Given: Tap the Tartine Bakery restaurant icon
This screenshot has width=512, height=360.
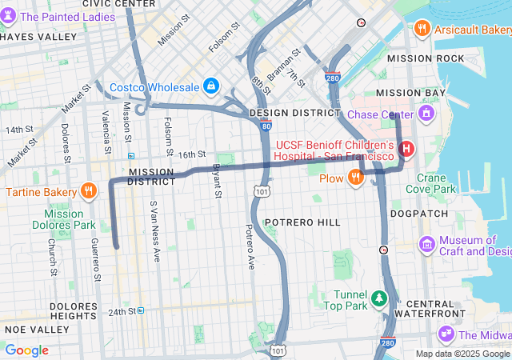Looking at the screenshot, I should [89, 192].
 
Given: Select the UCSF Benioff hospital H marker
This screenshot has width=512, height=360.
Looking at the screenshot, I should [406, 149].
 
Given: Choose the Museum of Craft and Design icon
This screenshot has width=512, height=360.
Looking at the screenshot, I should [426, 243].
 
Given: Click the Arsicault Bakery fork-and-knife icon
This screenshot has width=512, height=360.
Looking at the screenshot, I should [422, 30].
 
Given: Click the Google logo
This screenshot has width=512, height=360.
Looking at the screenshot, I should [26, 350].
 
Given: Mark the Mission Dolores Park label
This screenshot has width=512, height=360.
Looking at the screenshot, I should [70, 219].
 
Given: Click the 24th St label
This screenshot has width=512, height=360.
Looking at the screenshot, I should [122, 310].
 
